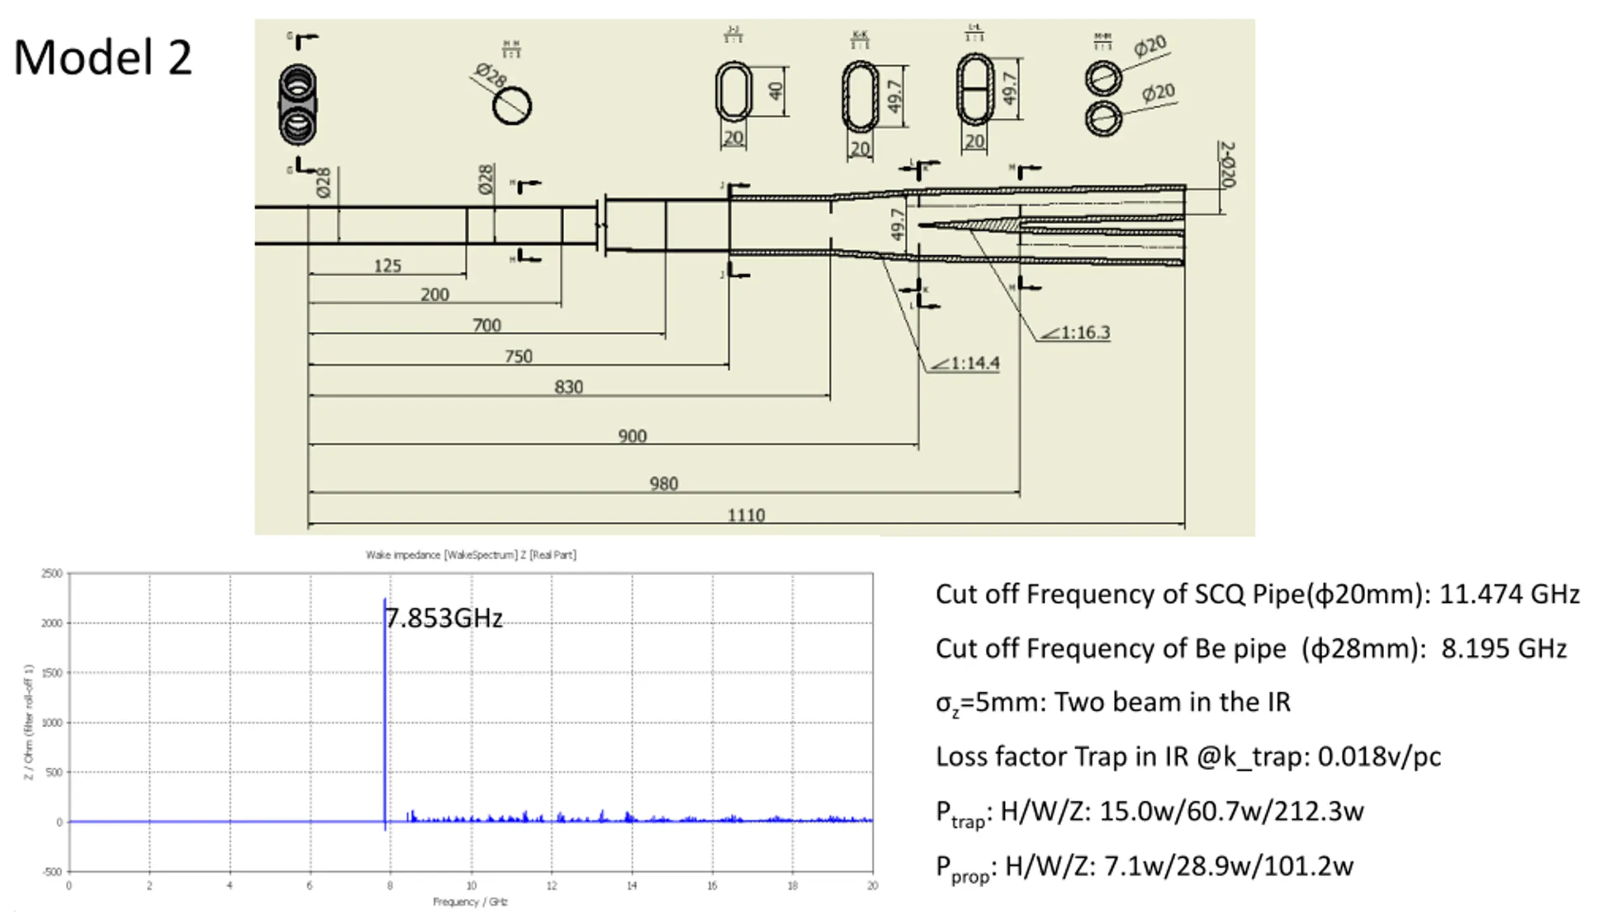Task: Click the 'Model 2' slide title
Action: pyautogui.click(x=103, y=58)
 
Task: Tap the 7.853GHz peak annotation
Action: pyautogui.click(x=444, y=618)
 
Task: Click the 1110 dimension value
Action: pyautogui.click(x=746, y=515)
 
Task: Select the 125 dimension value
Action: pyautogui.click(x=388, y=265)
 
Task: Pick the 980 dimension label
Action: pyautogui.click(x=664, y=484)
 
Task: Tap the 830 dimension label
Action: pyautogui.click(x=569, y=387)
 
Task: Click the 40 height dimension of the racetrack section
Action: pyautogui.click(x=776, y=91)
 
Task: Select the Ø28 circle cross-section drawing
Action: pyautogui.click(x=512, y=106)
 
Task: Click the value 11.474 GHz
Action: pyautogui.click(x=1510, y=594)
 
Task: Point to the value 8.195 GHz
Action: pyautogui.click(x=1504, y=649)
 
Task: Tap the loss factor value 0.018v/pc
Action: pyautogui.click(x=1379, y=757)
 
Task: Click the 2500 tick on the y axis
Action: pyautogui.click(x=52, y=574)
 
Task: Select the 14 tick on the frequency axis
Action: pyautogui.click(x=632, y=886)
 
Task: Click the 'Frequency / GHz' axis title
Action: pyautogui.click(x=470, y=902)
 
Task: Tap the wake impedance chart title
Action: pyautogui.click(x=471, y=555)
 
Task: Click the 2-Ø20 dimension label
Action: pyautogui.click(x=1227, y=165)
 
